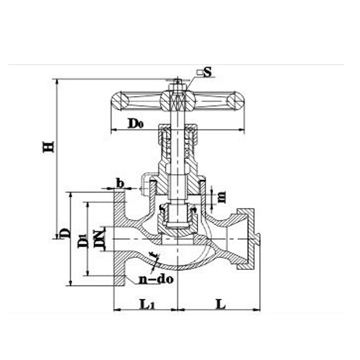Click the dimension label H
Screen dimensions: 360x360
pos(49,146)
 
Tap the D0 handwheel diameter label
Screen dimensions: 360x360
pos(135,124)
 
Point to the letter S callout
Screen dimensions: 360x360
pos(208,72)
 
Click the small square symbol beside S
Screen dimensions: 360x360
pos(199,73)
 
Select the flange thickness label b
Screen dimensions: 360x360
pos(120,182)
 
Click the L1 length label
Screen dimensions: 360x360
pos(146,304)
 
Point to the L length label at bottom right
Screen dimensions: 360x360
pos(220,304)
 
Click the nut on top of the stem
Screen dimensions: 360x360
pos(177,85)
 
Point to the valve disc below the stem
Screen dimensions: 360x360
pos(177,216)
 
